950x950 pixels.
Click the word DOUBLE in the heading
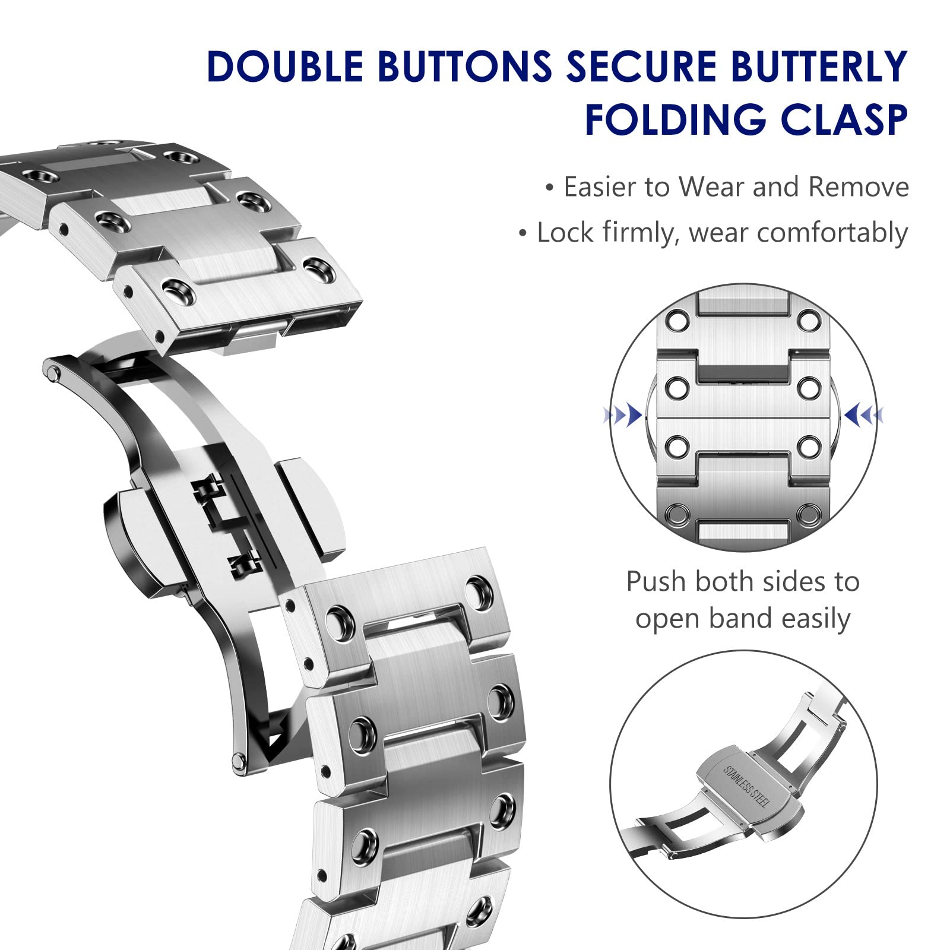[285, 66]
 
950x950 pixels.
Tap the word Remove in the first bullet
[858, 187]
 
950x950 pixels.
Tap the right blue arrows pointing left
[864, 414]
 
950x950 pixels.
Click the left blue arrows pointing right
[623, 414]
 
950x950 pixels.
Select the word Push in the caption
[655, 582]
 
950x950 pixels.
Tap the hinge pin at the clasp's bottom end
[239, 759]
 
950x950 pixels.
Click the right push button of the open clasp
[312, 509]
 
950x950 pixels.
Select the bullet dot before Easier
[550, 188]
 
